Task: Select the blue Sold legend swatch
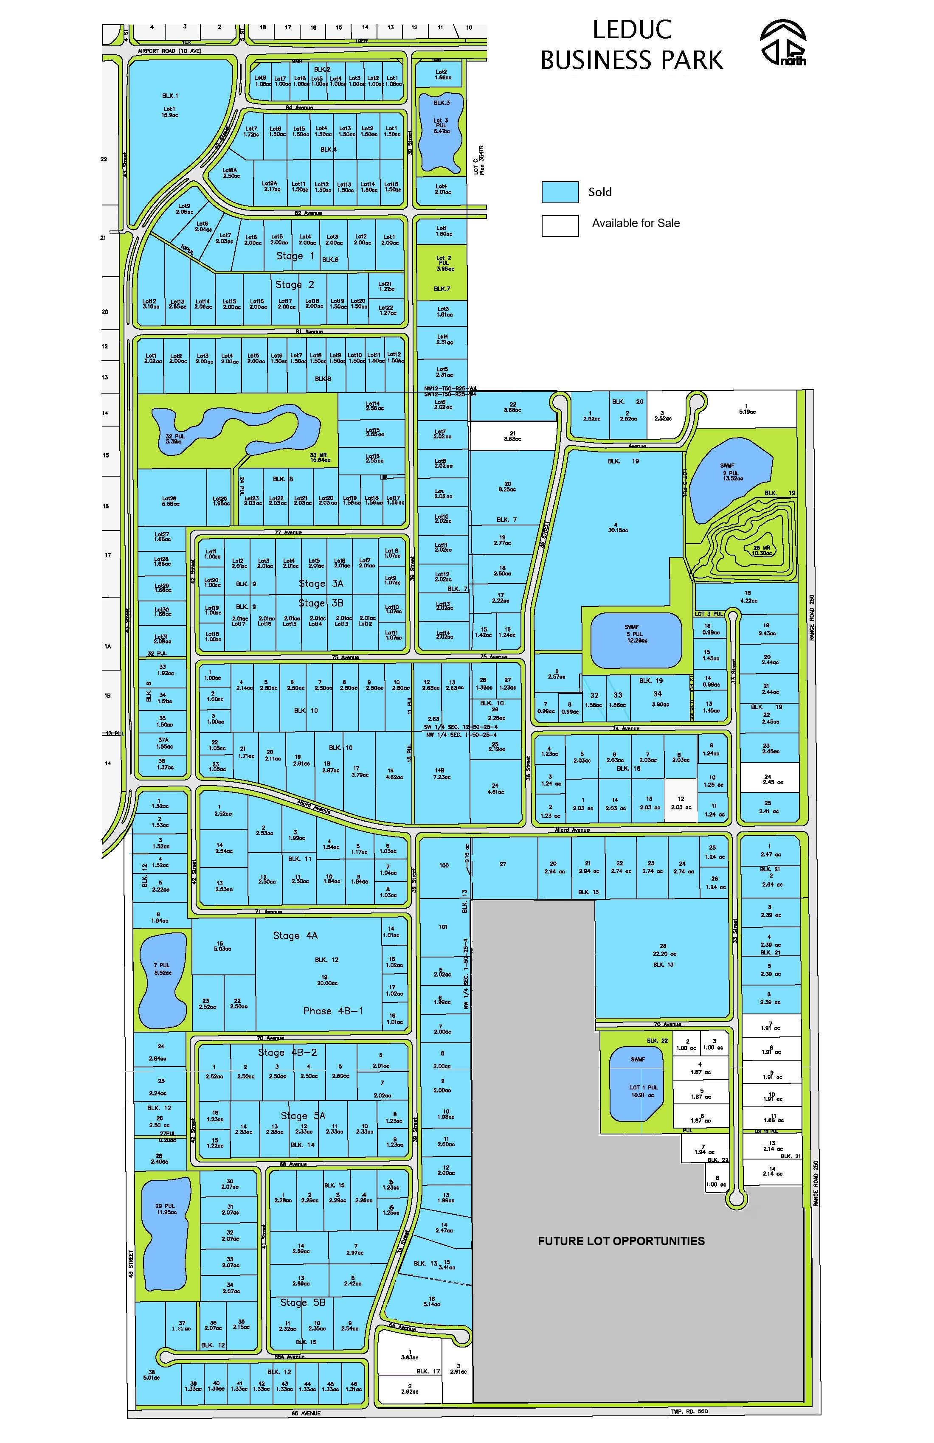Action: tap(560, 192)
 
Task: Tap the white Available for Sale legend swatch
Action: tap(560, 225)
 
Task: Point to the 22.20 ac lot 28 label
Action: tap(663, 954)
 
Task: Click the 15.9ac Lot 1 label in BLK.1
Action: tap(170, 112)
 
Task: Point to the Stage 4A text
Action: tap(295, 935)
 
